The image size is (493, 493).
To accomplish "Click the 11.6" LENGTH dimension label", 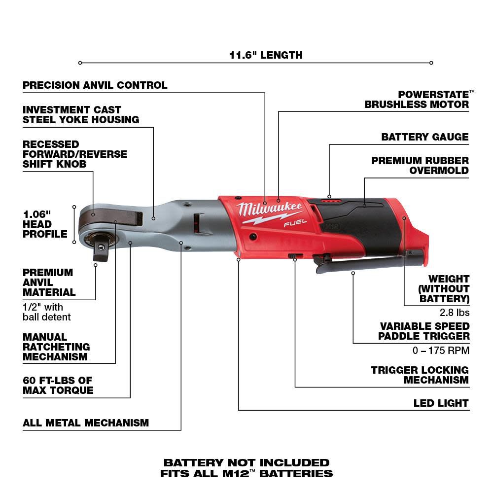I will click(266, 55).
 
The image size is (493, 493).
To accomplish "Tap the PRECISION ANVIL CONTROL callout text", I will click(95, 85).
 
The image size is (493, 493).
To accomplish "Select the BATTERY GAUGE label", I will click(425, 137).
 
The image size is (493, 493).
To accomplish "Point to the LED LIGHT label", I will click(441, 403).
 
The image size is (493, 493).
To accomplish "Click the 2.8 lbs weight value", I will click(455, 312).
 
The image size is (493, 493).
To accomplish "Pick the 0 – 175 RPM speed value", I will click(440, 351).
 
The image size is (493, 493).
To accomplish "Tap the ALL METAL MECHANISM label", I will click(86, 423).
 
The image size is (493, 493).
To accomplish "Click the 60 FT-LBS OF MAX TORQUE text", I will click(58, 386).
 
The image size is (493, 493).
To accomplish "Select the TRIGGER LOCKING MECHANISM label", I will click(420, 375).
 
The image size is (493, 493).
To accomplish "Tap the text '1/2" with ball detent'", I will click(46, 312).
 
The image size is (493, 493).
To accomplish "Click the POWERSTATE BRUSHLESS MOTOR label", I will click(417, 99).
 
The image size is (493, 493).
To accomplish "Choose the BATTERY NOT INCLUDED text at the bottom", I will click(246, 463).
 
